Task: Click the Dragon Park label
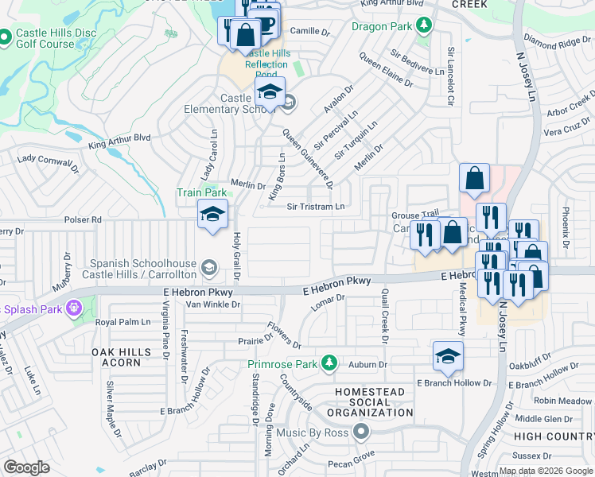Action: (382, 25)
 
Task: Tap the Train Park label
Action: (202, 192)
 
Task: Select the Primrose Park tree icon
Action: (327, 364)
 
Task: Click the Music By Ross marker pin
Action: (362, 432)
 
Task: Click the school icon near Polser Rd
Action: (213, 215)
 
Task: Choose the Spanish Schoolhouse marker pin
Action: (209, 266)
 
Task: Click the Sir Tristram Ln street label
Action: (316, 207)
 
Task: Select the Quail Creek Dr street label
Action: (384, 316)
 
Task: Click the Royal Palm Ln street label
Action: (122, 322)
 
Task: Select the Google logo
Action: (27, 467)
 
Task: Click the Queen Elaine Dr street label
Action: (386, 70)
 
